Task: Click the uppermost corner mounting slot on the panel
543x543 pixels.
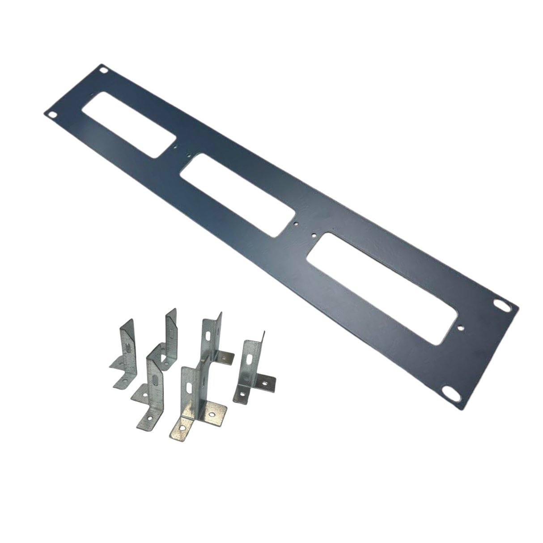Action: click(104, 70)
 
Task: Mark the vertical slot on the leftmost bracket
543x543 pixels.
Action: click(128, 348)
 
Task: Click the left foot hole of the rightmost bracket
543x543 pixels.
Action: click(242, 395)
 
